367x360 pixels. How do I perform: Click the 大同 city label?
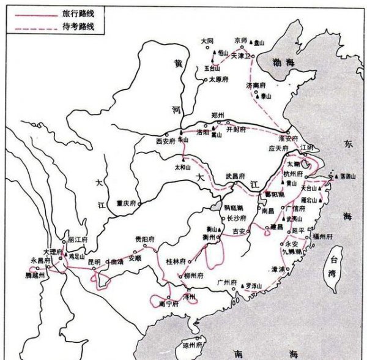point(209,41)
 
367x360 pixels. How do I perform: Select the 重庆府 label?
point(124,203)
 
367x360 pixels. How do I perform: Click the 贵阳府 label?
point(146,239)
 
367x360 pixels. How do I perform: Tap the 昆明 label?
point(94,261)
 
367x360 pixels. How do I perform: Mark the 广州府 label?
point(227,283)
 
